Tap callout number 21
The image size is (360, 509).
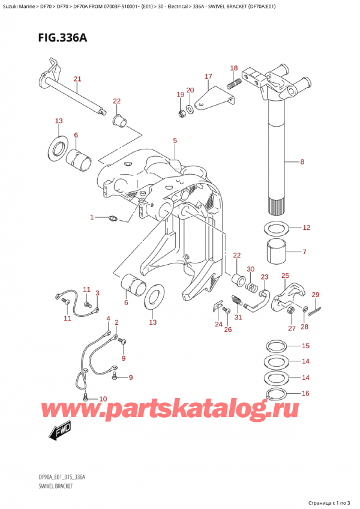77,79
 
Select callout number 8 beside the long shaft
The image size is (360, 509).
302,161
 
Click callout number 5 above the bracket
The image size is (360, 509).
175,141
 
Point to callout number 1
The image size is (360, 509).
92,217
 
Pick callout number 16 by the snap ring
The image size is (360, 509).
305,394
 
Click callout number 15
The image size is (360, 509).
305,346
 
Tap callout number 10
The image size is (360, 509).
103,399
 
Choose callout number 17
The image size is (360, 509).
208,76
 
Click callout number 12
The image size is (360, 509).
306,227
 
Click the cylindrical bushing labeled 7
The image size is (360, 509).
277,251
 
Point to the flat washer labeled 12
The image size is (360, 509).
277,228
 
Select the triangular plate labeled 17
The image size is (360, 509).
214,97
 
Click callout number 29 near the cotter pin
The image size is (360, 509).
316,294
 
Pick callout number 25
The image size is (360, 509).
285,276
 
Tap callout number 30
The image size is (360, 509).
250,269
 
